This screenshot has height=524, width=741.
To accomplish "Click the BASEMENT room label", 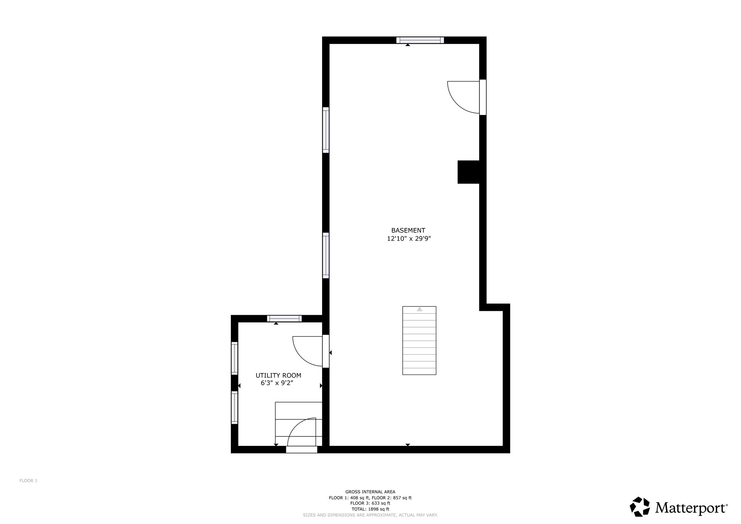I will click(x=408, y=230).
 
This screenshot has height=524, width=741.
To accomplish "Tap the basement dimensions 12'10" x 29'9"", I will click(x=409, y=239).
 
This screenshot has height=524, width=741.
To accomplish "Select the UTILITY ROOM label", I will click(x=278, y=376).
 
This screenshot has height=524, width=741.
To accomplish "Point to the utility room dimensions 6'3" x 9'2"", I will click(x=277, y=383).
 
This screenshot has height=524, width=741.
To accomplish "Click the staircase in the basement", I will click(x=419, y=341).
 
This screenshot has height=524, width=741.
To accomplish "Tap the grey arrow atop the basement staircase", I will click(x=419, y=309).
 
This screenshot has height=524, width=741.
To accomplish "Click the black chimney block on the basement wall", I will click(x=469, y=172).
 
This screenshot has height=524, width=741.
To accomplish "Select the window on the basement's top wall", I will click(x=420, y=40).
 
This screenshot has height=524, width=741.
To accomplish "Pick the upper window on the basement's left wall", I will click(x=326, y=130).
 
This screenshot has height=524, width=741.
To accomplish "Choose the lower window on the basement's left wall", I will click(x=326, y=255).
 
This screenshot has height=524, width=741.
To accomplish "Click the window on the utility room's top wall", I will click(x=284, y=318).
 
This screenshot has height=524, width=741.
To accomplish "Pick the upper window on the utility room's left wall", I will click(x=234, y=358).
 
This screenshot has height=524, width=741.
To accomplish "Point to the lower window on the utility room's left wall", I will click(x=234, y=407).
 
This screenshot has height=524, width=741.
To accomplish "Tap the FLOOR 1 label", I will click(x=28, y=481).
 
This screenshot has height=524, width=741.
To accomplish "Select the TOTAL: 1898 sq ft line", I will click(x=370, y=509).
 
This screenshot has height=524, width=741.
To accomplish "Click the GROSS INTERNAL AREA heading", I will click(x=370, y=492).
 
